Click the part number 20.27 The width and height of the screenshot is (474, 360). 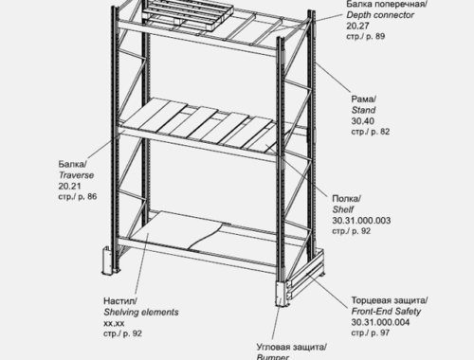[x=357, y=26]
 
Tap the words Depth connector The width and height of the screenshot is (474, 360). [x=380, y=15]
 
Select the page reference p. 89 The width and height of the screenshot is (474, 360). [x=375, y=36]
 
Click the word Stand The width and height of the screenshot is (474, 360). [x=363, y=110]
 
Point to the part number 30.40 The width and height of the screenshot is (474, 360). [x=363, y=121]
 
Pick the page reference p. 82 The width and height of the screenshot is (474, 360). [x=380, y=132]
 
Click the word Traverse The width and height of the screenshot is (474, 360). [x=76, y=175]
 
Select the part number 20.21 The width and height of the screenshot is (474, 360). [x=69, y=186]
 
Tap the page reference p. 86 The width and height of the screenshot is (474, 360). [x=87, y=197]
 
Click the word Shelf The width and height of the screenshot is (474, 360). [x=343, y=209]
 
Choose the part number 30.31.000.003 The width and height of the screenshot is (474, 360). [x=361, y=221]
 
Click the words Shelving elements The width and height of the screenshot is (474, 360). [x=141, y=313]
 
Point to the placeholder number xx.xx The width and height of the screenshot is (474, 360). [x=114, y=323]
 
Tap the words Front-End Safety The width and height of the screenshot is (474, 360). [x=386, y=312]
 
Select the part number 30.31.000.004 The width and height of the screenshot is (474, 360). [x=380, y=322]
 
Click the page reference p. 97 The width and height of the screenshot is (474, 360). [x=380, y=333]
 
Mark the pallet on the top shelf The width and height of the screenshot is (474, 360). [x=188, y=14]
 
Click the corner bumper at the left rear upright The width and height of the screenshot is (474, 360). [x=107, y=261]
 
